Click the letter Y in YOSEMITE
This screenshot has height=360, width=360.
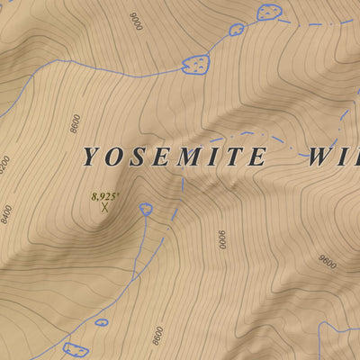click(x=90, y=157)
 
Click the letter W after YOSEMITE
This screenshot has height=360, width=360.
click(x=318, y=157)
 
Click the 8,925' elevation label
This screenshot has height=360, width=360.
click(x=104, y=194)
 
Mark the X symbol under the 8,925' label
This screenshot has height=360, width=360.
click(x=104, y=207)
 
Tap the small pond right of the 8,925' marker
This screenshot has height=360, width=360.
click(x=146, y=210)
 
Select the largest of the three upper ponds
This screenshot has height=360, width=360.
click(x=195, y=63)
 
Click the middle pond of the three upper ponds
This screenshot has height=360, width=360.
click(x=236, y=29)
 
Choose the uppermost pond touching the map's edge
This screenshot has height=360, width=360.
click(x=268, y=12)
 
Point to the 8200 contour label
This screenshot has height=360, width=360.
click(x=4, y=165)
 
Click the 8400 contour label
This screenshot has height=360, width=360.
click(x=6, y=214)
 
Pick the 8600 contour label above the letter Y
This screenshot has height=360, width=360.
click(x=76, y=123)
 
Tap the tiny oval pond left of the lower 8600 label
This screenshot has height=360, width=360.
click(x=101, y=321)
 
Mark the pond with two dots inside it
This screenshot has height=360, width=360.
click(x=76, y=349)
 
